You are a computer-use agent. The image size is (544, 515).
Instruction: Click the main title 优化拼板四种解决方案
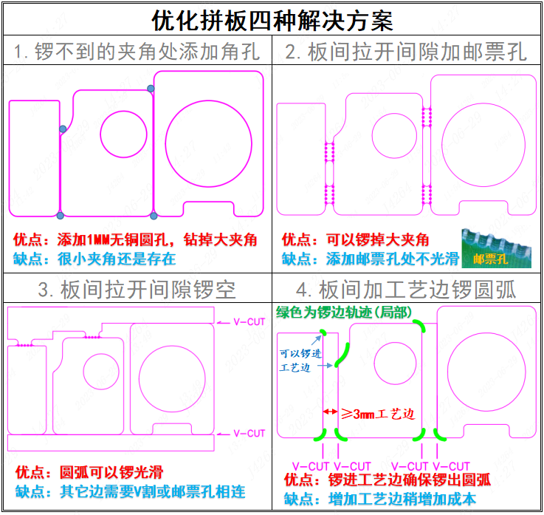pyautogui.click(x=272, y=18)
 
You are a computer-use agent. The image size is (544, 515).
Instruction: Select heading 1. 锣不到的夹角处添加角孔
pyautogui.click(x=137, y=52)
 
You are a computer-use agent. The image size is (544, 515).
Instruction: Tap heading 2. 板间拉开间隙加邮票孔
pyautogui.click(x=407, y=52)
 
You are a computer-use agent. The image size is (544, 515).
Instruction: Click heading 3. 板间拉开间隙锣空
pyautogui.click(x=137, y=289)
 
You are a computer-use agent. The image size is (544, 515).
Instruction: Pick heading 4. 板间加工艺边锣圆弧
pyautogui.click(x=407, y=289)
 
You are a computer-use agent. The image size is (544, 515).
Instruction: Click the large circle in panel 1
pyautogui.click(x=208, y=143)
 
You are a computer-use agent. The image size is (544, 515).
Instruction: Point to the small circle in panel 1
pyautogui.click(x=123, y=134)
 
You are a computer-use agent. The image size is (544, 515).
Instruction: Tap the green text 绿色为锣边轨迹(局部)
pyautogui.click(x=344, y=312)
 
